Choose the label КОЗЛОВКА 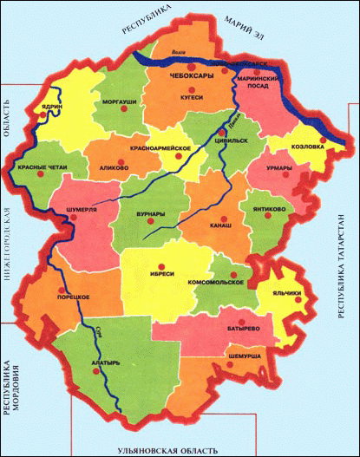(x=306, y=147)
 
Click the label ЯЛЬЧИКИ (x=288, y=294)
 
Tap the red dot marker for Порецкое (x=59, y=291)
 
